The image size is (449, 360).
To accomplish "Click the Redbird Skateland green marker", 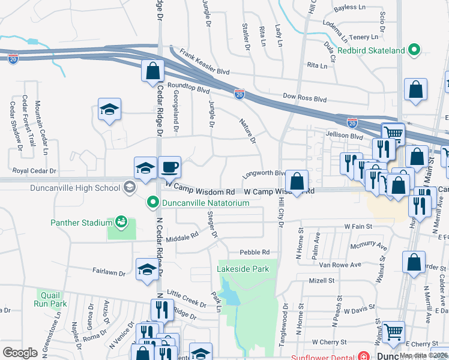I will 414,51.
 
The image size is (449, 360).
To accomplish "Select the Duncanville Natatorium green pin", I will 153,203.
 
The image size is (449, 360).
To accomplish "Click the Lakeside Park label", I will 243,269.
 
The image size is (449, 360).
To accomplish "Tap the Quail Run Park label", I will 52,299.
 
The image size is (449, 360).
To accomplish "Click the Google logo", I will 20,352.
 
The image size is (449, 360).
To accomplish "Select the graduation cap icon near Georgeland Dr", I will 109,110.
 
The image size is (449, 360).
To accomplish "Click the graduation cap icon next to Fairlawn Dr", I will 147,269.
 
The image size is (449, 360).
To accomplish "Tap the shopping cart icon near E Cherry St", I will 393,331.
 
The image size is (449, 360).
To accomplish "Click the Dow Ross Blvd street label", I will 304,97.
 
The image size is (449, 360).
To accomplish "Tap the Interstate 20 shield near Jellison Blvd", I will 352,122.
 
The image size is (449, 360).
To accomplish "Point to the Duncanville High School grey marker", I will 128,188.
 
